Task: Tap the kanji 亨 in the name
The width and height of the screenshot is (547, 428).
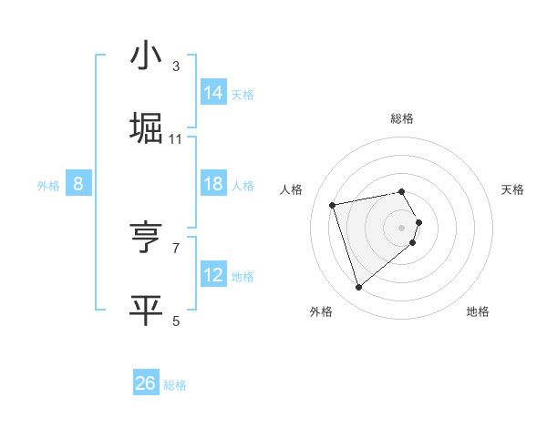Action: click(x=146, y=238)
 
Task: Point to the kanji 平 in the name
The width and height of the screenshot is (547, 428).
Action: click(x=146, y=310)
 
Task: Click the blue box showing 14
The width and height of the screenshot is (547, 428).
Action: click(x=213, y=93)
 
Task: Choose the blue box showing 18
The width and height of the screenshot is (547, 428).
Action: click(x=213, y=184)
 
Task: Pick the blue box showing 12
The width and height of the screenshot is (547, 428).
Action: click(x=213, y=275)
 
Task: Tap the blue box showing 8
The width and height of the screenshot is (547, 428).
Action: click(x=78, y=184)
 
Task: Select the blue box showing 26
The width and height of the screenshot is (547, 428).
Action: click(x=146, y=383)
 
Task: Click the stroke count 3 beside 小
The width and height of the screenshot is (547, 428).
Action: click(x=176, y=66)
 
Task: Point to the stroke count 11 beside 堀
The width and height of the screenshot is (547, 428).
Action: click(x=176, y=138)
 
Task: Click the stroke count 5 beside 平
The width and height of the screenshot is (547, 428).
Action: click(x=176, y=321)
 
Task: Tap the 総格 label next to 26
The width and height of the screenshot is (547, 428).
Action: click(x=175, y=385)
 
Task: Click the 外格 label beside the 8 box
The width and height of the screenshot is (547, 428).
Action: click(x=48, y=186)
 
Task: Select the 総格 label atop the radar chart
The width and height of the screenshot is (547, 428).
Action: click(x=402, y=118)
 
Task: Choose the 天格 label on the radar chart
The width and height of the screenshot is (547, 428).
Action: click(x=513, y=189)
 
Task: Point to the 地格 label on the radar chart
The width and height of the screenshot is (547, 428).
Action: click(x=478, y=311)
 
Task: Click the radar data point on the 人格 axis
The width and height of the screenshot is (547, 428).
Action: click(x=333, y=204)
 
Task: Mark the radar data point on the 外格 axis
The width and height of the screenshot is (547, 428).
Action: click(x=359, y=287)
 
